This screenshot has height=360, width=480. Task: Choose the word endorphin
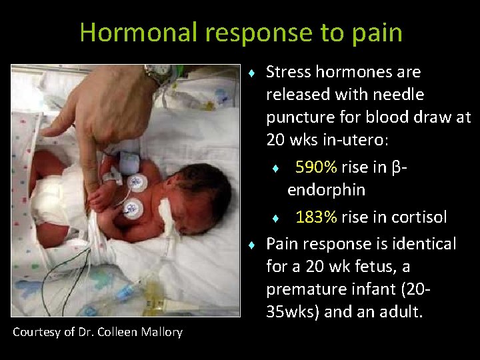[x=325, y=190]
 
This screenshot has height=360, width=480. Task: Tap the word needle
[x=399, y=95]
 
